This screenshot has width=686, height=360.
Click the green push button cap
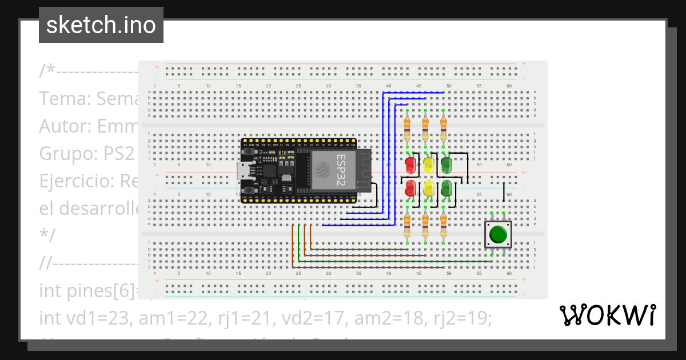click(498, 234)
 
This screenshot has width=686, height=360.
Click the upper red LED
click(410, 166)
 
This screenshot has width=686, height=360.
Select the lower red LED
click(410, 188)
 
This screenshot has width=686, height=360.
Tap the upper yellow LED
click(429, 166)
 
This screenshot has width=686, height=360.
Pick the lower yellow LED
click(429, 188)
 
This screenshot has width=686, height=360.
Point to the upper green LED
click(446, 166)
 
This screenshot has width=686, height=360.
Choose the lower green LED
click(446, 188)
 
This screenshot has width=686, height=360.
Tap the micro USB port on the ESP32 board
click(244, 170)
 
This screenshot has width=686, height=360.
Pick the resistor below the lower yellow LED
click(425, 225)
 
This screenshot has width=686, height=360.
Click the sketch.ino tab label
click(101, 25)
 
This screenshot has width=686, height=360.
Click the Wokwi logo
click(607, 315)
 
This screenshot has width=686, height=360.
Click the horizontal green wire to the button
click(394, 262)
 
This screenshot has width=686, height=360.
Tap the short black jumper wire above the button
click(504, 192)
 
